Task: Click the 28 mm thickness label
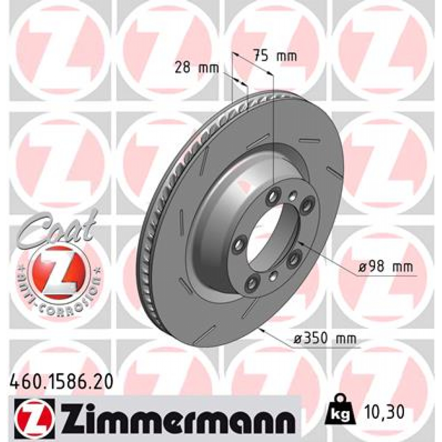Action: (197, 67)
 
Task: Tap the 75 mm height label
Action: (275, 56)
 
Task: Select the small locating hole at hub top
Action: (293, 195)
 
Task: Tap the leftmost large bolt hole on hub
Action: (237, 245)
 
